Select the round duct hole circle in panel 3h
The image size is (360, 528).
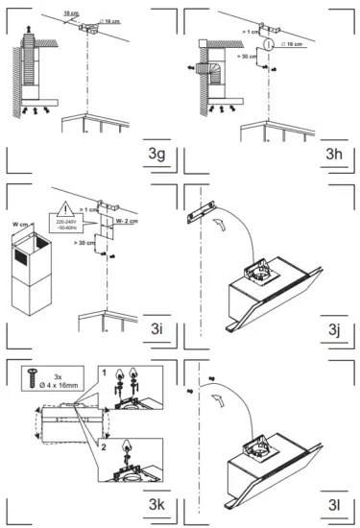point(269,45)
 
